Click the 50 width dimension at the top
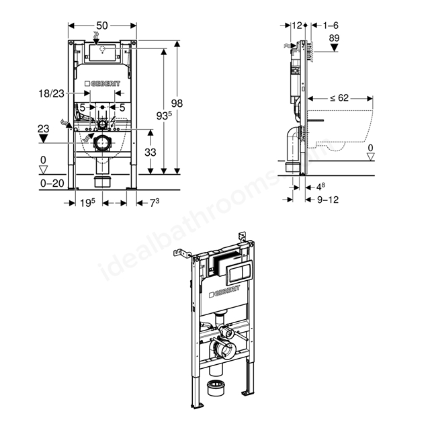coord(102,26)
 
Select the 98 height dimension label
coord(177,103)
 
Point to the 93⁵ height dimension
coord(164,116)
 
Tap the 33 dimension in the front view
coord(150,153)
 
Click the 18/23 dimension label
coord(51,94)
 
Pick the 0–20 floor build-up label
coord(52,183)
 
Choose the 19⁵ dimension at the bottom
coord(87,203)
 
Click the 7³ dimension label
coord(155,203)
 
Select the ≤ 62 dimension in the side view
coord(339,98)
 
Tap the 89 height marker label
coord(334,38)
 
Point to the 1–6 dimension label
coord(331,26)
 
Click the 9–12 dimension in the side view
coord(328,200)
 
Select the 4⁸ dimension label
coord(321,187)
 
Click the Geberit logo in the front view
coord(102,83)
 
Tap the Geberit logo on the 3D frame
coord(224,291)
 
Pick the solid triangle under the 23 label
coord(43,138)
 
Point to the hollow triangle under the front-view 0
coord(43,170)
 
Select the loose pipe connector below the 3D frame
coord(216,388)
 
